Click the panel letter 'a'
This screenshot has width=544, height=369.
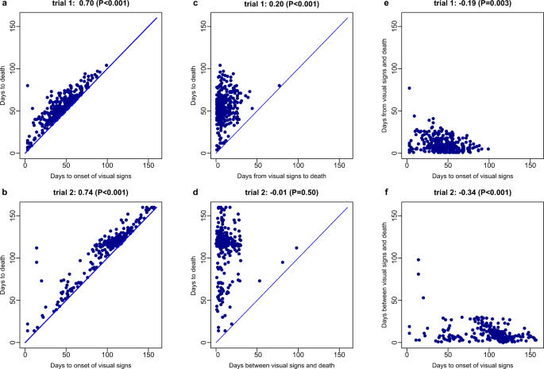tap(3, 5)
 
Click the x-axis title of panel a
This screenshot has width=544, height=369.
tap(77, 175)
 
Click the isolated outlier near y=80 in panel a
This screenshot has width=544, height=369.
tap(27, 85)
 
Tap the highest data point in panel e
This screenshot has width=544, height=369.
tap(409, 88)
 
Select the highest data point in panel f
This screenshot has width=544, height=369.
tap(419, 260)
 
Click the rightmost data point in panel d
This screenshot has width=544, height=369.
tap(297, 248)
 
